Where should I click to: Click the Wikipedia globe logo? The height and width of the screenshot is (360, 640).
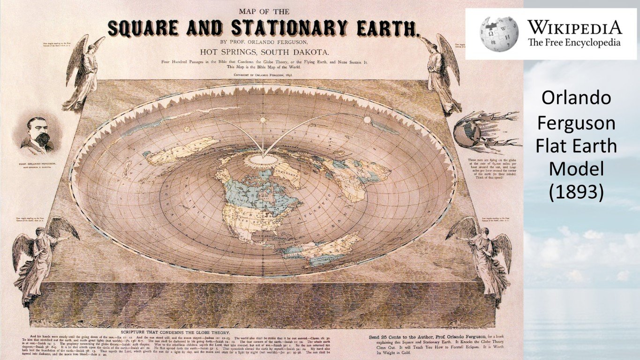[x=499, y=34]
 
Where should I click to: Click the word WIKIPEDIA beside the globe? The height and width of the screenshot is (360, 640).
[x=574, y=27]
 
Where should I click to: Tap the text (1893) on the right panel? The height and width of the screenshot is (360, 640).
[x=576, y=192]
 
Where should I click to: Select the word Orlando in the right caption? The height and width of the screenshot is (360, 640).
[x=576, y=98]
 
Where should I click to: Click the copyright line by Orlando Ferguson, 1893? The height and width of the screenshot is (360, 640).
[x=264, y=75]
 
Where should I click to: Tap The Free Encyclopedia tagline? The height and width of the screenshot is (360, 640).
[x=574, y=42]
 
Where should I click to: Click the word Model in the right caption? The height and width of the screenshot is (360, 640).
[x=576, y=169]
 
